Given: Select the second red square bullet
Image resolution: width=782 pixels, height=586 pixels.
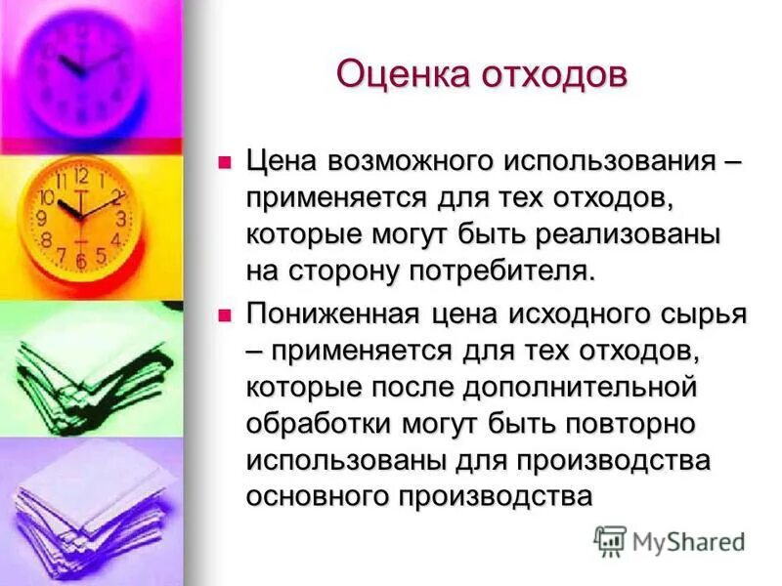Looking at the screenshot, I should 226,314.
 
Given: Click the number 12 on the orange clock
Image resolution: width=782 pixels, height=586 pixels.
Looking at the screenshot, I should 81,178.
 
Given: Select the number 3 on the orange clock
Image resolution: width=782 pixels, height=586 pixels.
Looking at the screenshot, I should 121,218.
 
